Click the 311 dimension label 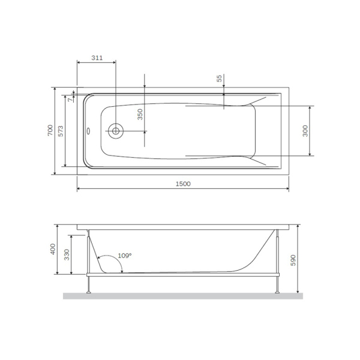(97, 58)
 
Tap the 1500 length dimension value (183, 184)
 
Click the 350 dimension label (140, 115)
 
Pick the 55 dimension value (220, 79)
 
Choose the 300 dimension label (305, 131)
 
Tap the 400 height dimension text (53, 249)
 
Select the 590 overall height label (293, 259)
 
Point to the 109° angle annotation (124, 255)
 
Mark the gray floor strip (183, 296)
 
